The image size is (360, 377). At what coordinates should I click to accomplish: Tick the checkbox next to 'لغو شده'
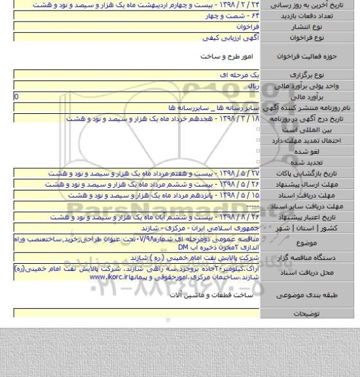259,151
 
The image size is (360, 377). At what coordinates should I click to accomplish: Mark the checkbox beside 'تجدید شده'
259,162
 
